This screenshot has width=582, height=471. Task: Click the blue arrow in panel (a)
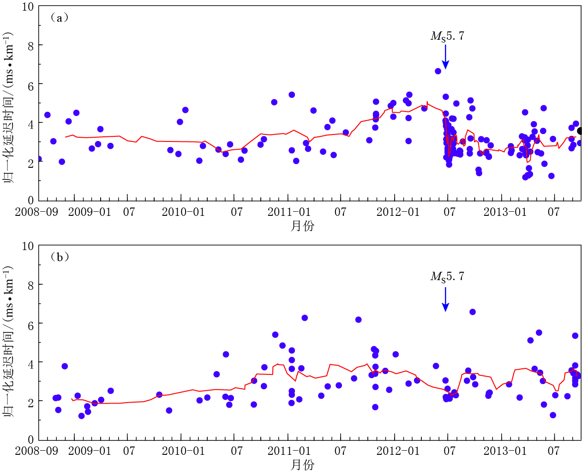(x=445, y=57)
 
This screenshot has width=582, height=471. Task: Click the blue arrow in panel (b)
(x=445, y=299)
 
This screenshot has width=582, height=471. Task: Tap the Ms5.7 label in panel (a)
(x=447, y=37)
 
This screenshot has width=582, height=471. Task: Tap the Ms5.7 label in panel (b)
(x=447, y=277)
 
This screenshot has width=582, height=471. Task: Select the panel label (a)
(x=60, y=18)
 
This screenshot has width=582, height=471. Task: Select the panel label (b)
(x=60, y=257)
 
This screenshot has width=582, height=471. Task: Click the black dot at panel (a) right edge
(x=580, y=131)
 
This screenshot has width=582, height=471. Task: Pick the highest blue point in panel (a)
(x=438, y=71)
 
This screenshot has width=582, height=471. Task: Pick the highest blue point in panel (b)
(x=473, y=312)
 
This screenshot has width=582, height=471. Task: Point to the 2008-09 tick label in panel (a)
(x=36, y=212)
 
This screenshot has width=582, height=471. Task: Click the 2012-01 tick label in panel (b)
(x=398, y=451)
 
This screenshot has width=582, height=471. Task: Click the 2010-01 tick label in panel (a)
(x=183, y=212)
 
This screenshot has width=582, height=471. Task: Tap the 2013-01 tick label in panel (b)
(x=505, y=451)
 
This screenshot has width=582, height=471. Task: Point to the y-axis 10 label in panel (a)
(x=28, y=7)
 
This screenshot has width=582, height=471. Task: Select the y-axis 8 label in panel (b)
(x=30, y=286)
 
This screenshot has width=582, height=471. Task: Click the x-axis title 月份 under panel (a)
(x=302, y=226)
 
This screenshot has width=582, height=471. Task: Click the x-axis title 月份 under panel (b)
(x=302, y=465)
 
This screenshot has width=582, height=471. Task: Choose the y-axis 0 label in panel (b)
(x=30, y=440)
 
